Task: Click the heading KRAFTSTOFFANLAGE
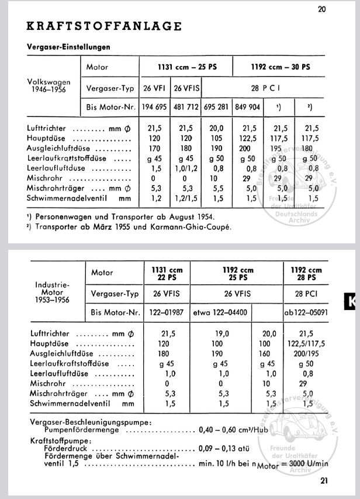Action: (x=104, y=26)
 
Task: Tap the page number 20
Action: (x=323, y=9)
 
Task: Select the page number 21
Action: (x=325, y=481)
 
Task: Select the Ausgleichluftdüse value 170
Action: (x=154, y=149)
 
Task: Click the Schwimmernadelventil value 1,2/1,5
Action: (x=186, y=198)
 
